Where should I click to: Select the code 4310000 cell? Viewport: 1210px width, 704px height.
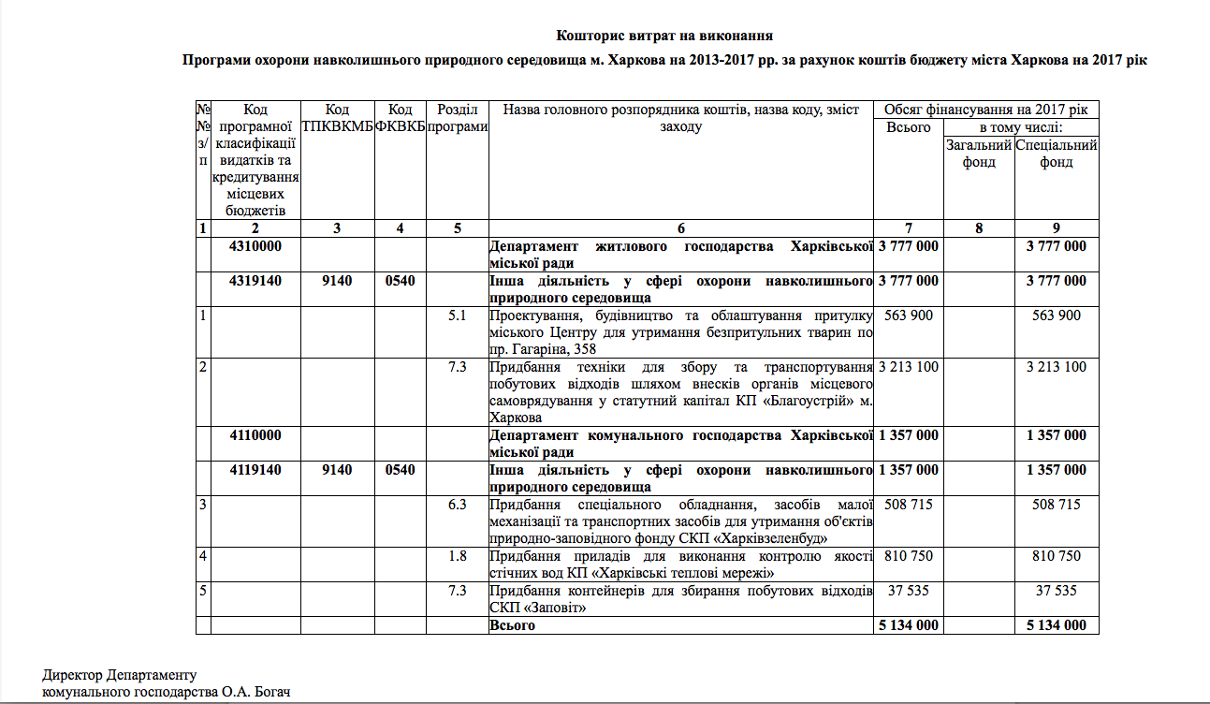pyautogui.click(x=255, y=246)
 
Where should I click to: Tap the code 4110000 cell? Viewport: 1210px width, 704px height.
pyautogui.click(x=255, y=435)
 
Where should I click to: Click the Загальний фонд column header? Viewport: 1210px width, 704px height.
pyautogui.click(x=979, y=154)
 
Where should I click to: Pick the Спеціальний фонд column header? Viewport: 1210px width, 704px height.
pyautogui.click(x=1057, y=154)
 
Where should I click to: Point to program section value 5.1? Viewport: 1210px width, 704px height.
pyautogui.click(x=457, y=315)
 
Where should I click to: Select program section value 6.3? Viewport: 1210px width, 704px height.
pyautogui.click(x=457, y=505)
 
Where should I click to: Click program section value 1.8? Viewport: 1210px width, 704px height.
pyautogui.click(x=457, y=556)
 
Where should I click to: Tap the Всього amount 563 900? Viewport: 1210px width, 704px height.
pyautogui.click(x=908, y=315)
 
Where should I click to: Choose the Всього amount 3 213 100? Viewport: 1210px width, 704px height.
pyautogui.click(x=908, y=367)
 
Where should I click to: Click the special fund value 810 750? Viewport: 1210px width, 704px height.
pyautogui.click(x=1057, y=556)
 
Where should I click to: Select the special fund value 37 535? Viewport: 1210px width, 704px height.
pyautogui.click(x=1057, y=591)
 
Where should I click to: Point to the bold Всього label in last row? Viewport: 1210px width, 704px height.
pyautogui.click(x=513, y=625)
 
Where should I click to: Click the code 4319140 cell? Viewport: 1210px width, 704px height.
pyautogui.click(x=255, y=281)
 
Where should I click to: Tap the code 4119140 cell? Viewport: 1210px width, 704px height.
pyautogui.click(x=255, y=470)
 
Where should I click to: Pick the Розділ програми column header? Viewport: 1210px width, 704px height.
pyautogui.click(x=457, y=118)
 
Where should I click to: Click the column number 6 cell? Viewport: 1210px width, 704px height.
pyautogui.click(x=680, y=228)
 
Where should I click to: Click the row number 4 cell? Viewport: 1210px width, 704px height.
pyautogui.click(x=203, y=556)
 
